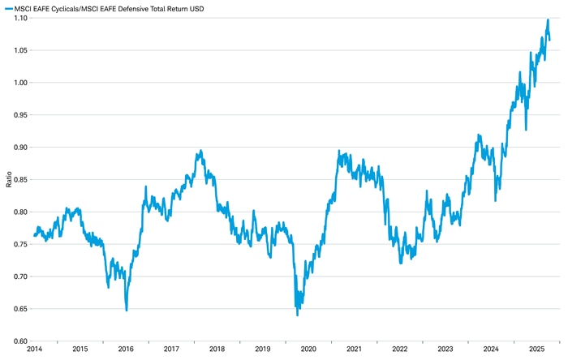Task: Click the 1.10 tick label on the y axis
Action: point(19,18)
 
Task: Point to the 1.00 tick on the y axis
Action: point(19,83)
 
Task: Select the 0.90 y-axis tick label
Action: point(19,148)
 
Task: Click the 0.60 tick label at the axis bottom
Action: point(19,341)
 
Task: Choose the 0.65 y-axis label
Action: point(19,309)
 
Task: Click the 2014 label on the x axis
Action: point(34,349)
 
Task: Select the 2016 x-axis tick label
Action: point(126,349)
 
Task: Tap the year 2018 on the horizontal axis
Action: point(217,349)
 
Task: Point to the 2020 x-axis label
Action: point(308,349)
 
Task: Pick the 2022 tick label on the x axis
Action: point(399,349)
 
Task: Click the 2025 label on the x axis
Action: point(536,349)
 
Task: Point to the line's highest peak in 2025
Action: point(548,20)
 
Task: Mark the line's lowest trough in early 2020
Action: point(297,315)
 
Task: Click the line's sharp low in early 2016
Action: point(127,310)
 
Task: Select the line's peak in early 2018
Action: point(200,151)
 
